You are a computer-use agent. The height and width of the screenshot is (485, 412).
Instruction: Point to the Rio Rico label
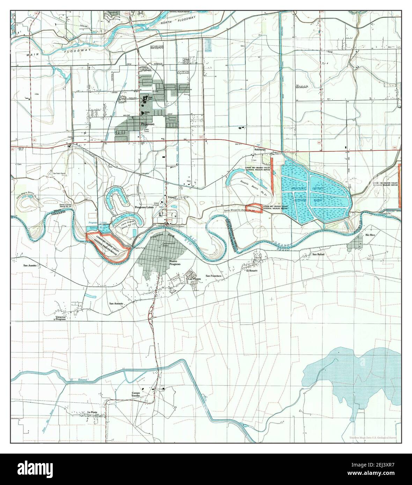(x=370, y=235)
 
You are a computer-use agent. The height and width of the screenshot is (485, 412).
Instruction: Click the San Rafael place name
(x=318, y=254)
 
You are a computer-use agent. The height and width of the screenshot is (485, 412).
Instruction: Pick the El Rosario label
(x=252, y=270)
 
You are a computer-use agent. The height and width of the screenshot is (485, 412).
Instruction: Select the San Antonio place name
(x=116, y=304)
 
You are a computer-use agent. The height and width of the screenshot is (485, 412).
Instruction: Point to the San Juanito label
(x=30, y=266)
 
